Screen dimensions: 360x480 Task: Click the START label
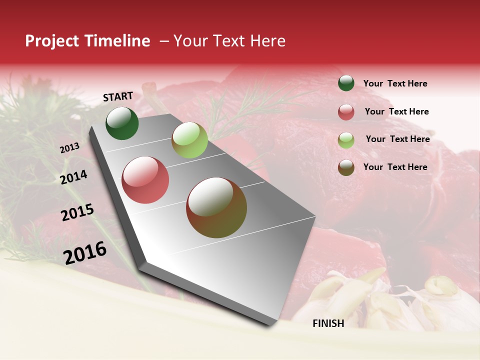pos(118,96)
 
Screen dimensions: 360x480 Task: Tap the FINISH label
pos(328,323)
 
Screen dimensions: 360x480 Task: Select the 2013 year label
pos(69,148)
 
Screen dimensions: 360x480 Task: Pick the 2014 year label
pos(73,177)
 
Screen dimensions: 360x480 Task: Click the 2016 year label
pos(85,253)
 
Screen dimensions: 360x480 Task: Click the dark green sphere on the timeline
pos(122,123)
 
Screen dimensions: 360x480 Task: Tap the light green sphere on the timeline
pos(189,140)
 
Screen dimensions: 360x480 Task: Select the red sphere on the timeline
pos(145,180)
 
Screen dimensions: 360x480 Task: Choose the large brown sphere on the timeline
pos(216,207)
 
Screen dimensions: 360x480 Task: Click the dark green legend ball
pos(346,83)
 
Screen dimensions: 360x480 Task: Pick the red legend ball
pos(346,112)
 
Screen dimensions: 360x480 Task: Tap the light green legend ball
pos(346,140)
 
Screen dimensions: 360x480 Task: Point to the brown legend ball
pos(346,167)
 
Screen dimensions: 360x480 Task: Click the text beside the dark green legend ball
pos(395,83)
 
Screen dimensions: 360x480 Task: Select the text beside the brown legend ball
pos(395,167)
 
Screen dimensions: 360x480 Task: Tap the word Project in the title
pos(52,41)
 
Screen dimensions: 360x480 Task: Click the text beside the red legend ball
pos(396,111)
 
